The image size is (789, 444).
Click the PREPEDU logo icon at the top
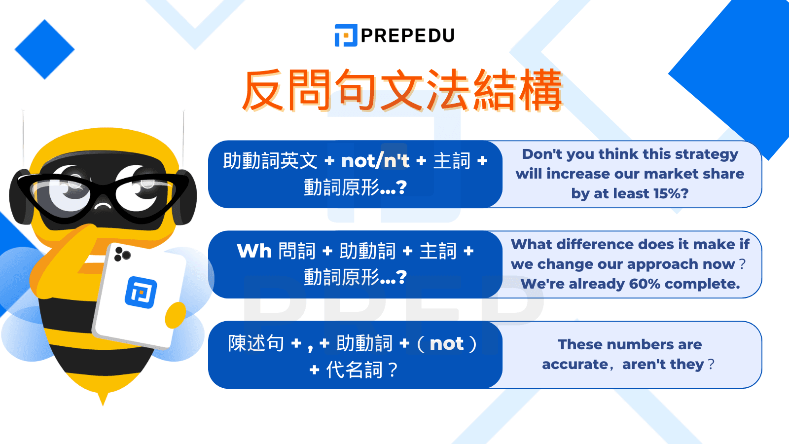(x=346, y=36)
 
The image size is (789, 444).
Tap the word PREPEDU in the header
(x=408, y=36)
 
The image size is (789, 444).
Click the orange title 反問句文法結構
(x=402, y=91)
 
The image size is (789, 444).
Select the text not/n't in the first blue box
(x=375, y=161)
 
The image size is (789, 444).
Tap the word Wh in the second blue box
(x=254, y=251)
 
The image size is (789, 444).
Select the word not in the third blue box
(x=447, y=343)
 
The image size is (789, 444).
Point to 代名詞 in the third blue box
(x=354, y=370)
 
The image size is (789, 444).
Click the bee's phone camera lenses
(x=122, y=254)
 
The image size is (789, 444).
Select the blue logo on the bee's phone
(x=141, y=292)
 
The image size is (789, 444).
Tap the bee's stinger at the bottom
(x=103, y=398)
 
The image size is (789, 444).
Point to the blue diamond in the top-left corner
(x=44, y=49)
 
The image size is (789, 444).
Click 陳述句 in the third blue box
(x=256, y=343)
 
